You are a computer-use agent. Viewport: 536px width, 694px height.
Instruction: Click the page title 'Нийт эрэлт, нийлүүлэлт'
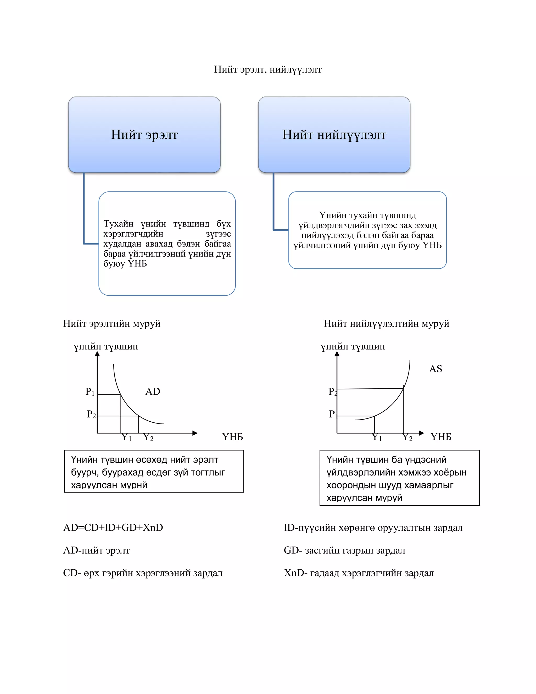(x=268, y=69)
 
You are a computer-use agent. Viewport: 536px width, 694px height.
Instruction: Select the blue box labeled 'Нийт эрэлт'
(x=144, y=134)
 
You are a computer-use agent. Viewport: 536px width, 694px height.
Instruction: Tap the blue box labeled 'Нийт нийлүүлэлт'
(x=334, y=134)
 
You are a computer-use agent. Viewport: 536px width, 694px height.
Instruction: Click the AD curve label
(x=153, y=392)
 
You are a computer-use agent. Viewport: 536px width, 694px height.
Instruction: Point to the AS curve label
(x=435, y=369)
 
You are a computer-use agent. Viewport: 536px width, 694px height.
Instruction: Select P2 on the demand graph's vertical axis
(x=91, y=414)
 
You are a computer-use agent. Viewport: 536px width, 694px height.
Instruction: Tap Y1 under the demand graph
(x=126, y=437)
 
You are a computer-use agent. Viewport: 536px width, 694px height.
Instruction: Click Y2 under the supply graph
(x=407, y=437)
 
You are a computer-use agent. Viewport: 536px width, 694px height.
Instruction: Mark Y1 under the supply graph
(x=377, y=437)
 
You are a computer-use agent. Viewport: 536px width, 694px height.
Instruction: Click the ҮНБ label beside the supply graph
(x=441, y=437)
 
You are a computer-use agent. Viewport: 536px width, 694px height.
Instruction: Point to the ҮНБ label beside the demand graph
(x=232, y=437)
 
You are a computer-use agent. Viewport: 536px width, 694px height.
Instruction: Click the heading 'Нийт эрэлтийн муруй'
(x=112, y=323)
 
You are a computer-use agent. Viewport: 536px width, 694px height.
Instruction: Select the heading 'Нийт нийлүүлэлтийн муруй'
(x=387, y=323)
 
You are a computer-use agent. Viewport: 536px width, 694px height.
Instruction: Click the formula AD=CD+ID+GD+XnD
(x=113, y=527)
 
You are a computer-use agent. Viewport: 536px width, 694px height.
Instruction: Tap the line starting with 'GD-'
(x=344, y=550)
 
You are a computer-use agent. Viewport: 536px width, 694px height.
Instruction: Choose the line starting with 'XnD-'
(x=359, y=573)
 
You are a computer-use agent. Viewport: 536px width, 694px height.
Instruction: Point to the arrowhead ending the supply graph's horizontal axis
(x=422, y=433)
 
